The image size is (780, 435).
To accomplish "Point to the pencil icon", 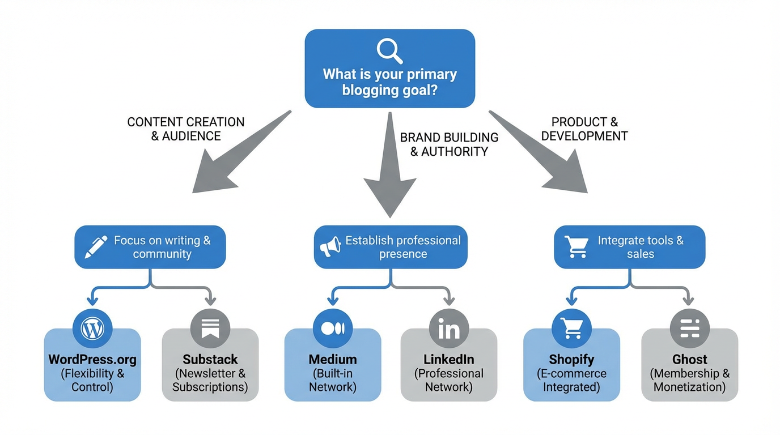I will tap(96, 248).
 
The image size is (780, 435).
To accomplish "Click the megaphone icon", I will tap(330, 248).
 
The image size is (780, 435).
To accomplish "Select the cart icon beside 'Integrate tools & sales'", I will tap(576, 247).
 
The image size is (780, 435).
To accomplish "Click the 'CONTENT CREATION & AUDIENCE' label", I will tap(186, 129).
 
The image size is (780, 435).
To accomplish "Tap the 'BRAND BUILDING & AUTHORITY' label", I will tap(449, 144).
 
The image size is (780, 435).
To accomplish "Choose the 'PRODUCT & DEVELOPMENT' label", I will tap(584, 129).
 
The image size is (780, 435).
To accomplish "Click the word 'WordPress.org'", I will tap(92, 360).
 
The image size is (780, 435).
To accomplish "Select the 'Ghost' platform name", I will tap(689, 360).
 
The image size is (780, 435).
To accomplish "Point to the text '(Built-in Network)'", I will tap(332, 381).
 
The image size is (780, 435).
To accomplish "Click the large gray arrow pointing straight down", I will tap(390, 170).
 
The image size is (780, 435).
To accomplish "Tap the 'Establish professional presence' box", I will tap(391, 247).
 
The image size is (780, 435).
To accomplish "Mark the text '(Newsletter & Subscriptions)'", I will tap(210, 381).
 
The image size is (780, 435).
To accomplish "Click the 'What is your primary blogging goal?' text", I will tap(389, 82).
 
